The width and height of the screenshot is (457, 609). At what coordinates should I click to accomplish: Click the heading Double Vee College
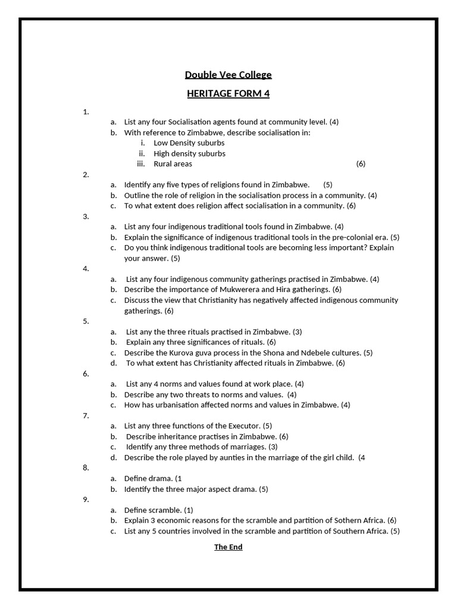click(228, 75)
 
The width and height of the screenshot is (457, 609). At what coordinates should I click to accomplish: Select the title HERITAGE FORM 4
click(228, 94)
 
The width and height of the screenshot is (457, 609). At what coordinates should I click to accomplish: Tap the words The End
click(228, 547)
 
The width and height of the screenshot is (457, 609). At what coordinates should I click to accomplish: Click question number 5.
click(86, 321)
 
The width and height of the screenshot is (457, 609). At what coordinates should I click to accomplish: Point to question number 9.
click(86, 500)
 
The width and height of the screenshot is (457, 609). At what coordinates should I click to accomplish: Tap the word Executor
click(245, 426)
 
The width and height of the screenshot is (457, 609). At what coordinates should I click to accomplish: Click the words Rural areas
click(173, 164)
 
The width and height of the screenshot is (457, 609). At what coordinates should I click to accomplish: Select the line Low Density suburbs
click(189, 143)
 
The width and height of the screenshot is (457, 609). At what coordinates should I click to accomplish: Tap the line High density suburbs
click(189, 153)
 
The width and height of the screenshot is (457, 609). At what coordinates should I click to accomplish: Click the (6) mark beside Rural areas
click(361, 164)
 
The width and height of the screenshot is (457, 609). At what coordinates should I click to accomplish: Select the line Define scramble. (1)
click(158, 510)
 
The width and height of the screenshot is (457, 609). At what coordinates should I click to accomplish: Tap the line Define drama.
click(152, 479)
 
